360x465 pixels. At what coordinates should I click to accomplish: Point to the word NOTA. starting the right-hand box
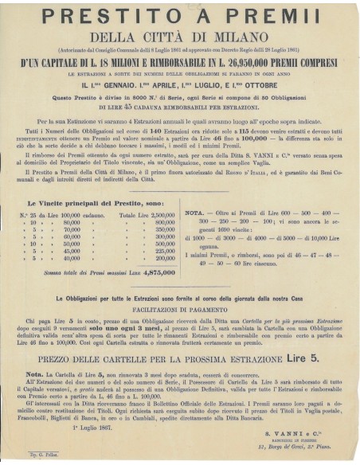click(194, 214)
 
